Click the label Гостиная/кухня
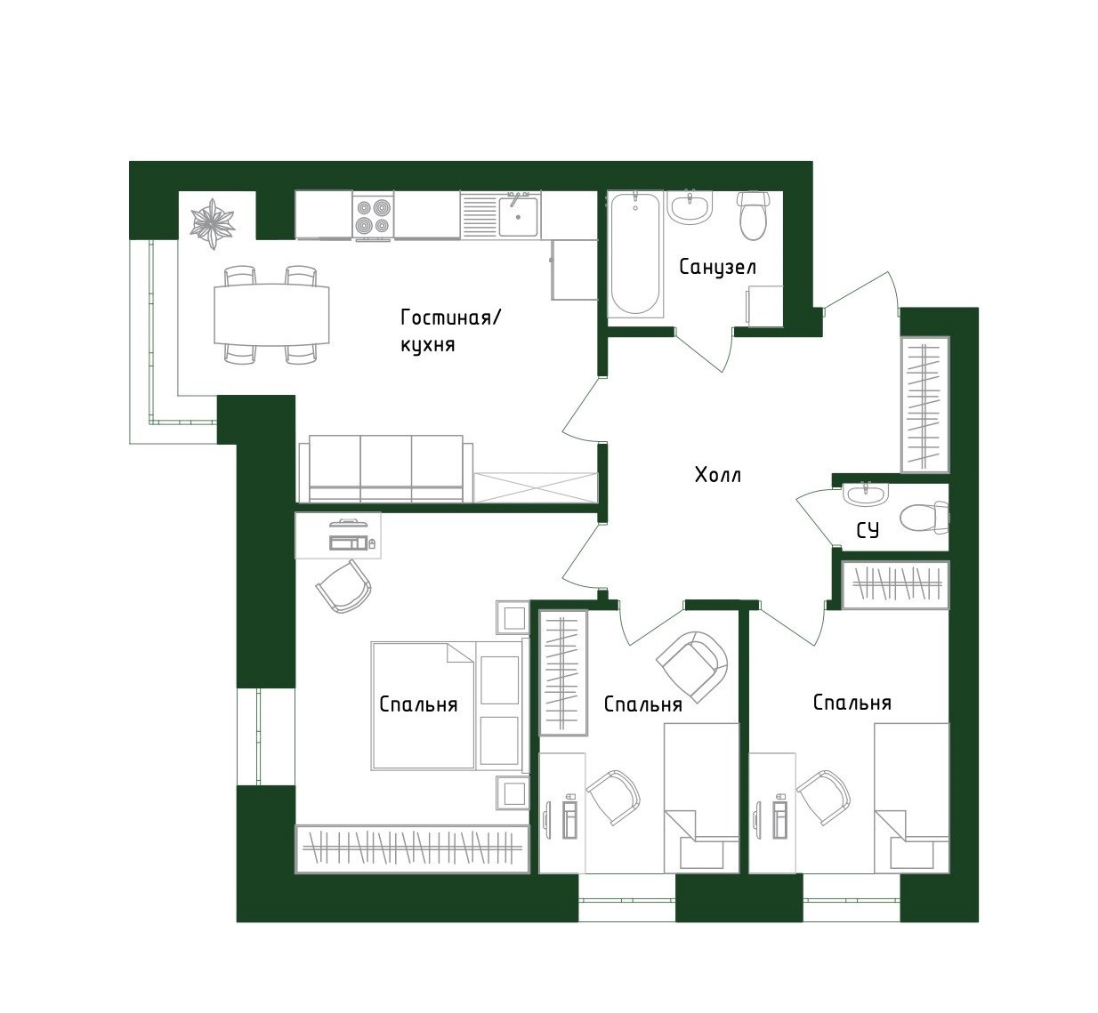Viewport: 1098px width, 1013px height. (x=450, y=330)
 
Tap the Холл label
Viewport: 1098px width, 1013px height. (x=717, y=475)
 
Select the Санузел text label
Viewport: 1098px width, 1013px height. (x=717, y=267)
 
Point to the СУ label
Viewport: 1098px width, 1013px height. (x=868, y=530)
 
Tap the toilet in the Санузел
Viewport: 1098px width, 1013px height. (x=753, y=215)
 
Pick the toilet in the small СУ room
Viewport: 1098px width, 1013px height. (x=924, y=517)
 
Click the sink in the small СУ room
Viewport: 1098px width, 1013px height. (x=865, y=494)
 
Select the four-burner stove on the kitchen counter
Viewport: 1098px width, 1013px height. (x=373, y=216)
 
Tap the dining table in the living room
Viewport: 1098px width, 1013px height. (x=271, y=314)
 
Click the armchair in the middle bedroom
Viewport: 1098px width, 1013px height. (x=692, y=663)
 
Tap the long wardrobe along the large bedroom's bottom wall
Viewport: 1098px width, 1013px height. (x=412, y=848)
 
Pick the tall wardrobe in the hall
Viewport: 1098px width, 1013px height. (x=924, y=405)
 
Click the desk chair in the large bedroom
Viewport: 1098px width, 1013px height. (x=343, y=584)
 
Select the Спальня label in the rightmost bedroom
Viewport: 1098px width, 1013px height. (x=852, y=703)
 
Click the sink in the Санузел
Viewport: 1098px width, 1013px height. (x=690, y=207)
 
